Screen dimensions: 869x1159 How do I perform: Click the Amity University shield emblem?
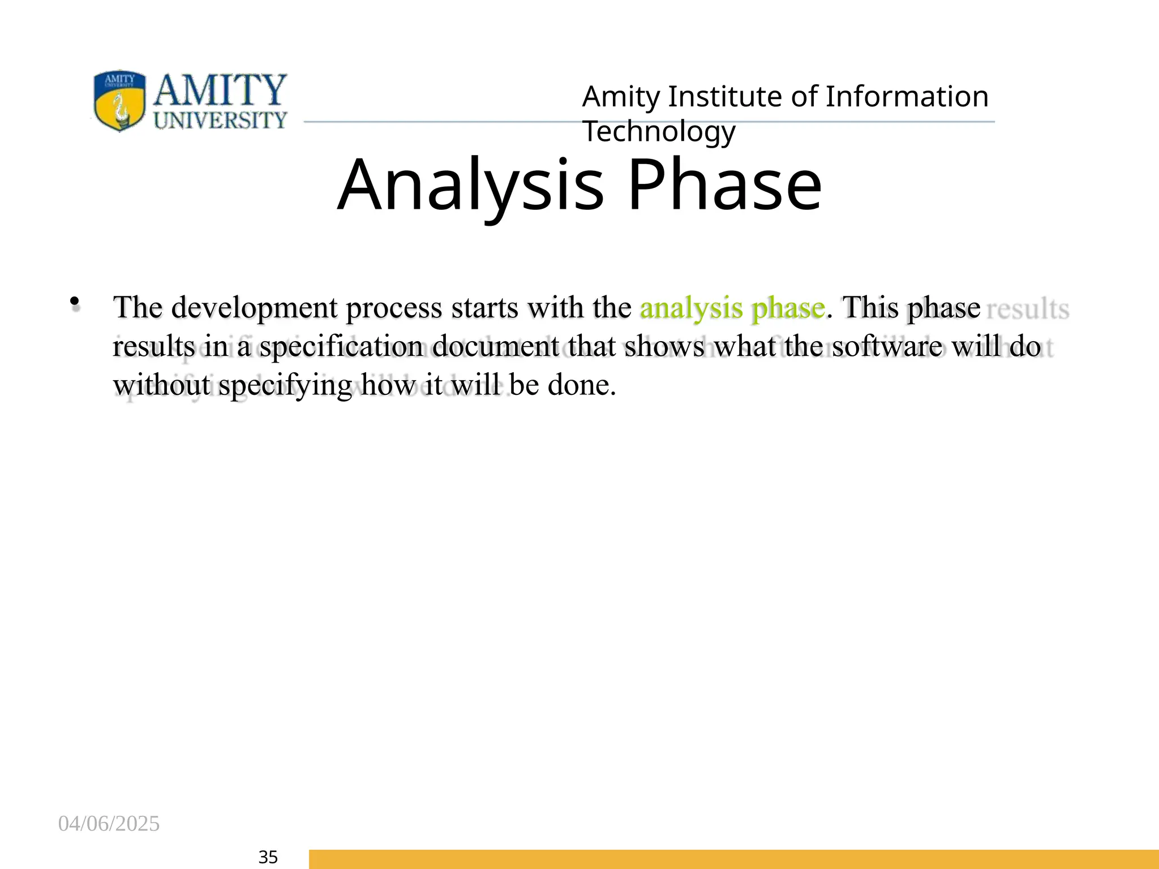[119, 101]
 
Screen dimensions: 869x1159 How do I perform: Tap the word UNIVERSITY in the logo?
[220, 121]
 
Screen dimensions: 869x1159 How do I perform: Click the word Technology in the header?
[659, 132]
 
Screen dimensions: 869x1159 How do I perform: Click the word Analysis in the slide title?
[471, 186]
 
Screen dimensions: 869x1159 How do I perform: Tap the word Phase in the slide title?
[724, 186]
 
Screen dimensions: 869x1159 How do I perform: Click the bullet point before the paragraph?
[74, 303]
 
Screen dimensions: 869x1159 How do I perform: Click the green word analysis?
[691, 309]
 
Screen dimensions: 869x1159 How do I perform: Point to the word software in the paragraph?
[887, 347]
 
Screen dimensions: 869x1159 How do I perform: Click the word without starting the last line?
[162, 385]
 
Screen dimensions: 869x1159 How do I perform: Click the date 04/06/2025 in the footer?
[109, 824]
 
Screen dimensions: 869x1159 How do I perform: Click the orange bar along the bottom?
[733, 859]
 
